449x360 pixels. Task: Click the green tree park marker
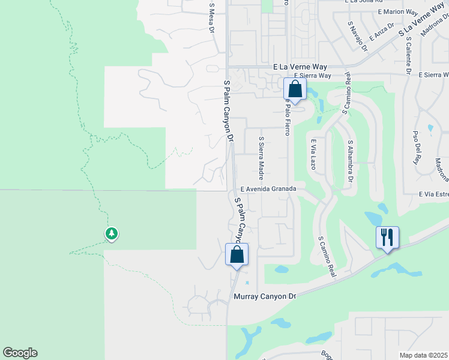(x=111, y=233)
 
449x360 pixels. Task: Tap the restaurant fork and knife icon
(x=387, y=238)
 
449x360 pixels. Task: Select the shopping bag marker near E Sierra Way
(x=295, y=90)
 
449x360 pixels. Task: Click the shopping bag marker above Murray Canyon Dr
(x=237, y=254)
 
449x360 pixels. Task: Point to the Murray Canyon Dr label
(x=265, y=296)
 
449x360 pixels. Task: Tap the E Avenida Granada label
(x=268, y=188)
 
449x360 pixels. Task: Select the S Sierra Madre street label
(x=261, y=158)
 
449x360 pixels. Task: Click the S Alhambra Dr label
(x=350, y=161)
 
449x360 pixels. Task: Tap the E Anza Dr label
(x=381, y=32)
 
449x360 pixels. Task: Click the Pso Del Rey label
(x=415, y=147)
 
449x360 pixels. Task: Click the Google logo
(x=20, y=353)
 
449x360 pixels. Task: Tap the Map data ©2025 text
(x=424, y=355)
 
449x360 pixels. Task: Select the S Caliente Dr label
(x=408, y=55)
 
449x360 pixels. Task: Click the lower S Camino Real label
(x=327, y=256)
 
